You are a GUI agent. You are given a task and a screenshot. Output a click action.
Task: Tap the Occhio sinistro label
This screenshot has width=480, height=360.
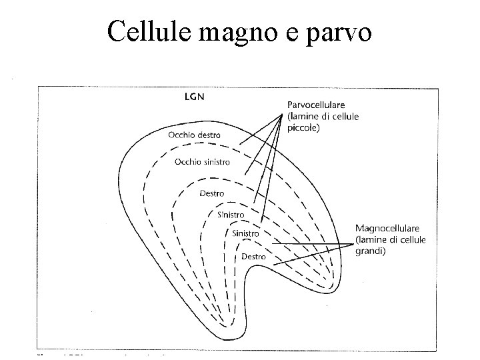[x=202, y=161]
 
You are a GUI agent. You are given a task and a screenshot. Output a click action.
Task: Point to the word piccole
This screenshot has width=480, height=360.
[x=303, y=128]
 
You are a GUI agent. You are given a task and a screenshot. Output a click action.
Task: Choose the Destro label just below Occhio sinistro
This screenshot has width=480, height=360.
[x=212, y=193]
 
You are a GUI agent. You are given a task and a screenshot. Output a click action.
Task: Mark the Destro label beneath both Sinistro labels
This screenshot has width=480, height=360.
[x=253, y=256]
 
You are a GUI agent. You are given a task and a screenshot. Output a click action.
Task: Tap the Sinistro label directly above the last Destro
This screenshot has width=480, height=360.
[x=245, y=233]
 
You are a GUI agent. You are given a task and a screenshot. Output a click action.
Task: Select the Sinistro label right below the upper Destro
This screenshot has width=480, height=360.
[x=231, y=214]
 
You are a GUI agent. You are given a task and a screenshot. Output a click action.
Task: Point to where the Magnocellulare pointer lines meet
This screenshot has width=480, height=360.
[x=351, y=244]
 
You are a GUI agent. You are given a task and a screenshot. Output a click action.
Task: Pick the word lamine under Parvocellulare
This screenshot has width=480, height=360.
[x=306, y=117]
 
